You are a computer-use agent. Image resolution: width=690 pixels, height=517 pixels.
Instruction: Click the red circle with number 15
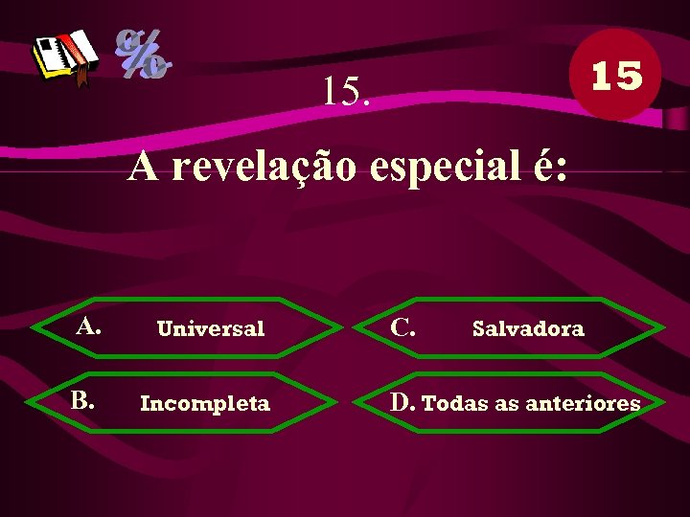click(615, 75)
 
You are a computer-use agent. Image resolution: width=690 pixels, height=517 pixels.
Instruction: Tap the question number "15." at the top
click(347, 91)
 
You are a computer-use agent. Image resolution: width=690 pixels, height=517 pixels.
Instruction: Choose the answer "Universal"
click(210, 329)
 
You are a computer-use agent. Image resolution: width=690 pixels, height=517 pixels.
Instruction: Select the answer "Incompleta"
click(205, 403)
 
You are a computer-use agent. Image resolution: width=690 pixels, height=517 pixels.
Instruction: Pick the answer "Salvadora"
click(528, 329)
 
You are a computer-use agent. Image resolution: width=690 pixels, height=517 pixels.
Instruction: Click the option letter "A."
click(89, 326)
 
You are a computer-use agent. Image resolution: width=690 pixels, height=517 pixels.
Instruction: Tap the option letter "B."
click(81, 399)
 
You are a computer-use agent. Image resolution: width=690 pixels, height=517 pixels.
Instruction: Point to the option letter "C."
click(402, 326)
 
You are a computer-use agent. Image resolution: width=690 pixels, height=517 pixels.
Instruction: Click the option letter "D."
click(402, 401)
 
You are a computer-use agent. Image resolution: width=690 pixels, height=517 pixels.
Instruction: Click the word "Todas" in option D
click(455, 403)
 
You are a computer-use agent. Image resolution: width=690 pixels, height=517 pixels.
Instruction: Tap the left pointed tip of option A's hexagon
click(33, 328)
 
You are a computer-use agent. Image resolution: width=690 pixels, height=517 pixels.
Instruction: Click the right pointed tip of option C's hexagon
click(664, 328)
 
